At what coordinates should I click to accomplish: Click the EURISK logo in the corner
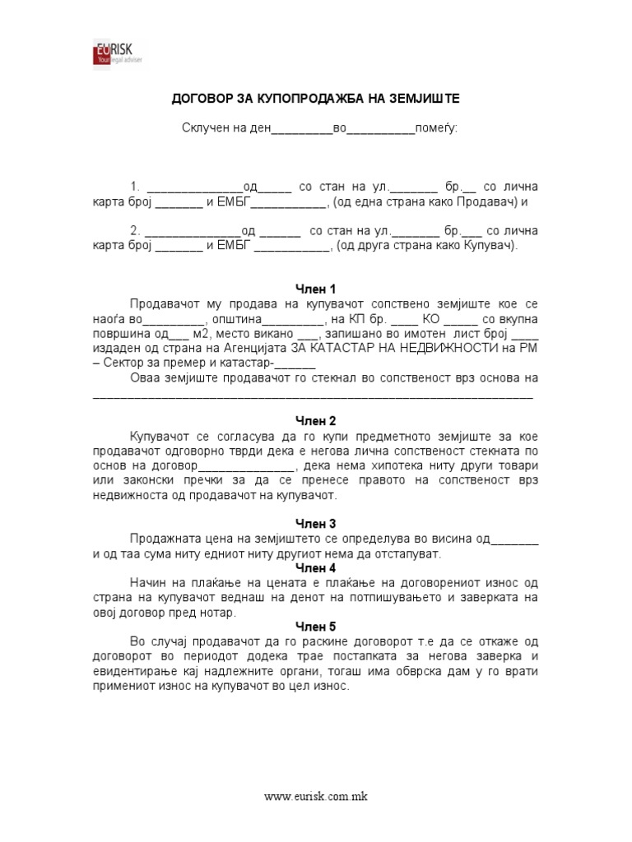[x=114, y=53]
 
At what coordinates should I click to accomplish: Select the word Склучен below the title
[x=207, y=128]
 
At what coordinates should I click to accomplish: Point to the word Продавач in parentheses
[x=486, y=202]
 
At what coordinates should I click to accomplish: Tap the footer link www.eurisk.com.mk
[x=315, y=797]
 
